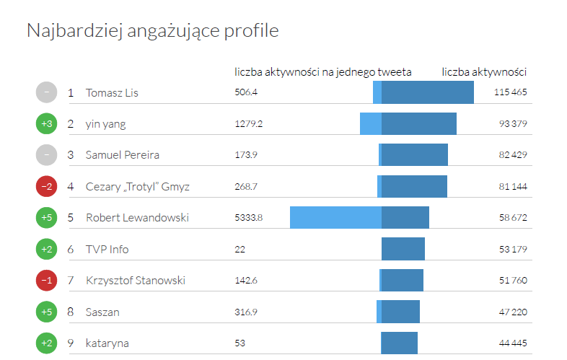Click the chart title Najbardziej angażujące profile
coord(152,30)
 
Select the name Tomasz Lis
coord(112,92)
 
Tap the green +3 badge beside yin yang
coord(46,124)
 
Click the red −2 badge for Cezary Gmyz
coord(46,186)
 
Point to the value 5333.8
coord(249,217)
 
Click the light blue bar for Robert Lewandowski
coord(335,217)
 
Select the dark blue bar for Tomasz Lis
coord(427,92)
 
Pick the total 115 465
coord(511,92)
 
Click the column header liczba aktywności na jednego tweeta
coord(323,72)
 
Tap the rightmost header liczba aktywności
coord(484,72)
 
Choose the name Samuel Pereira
coord(123,155)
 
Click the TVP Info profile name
coord(107,249)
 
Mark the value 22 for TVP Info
coord(240,249)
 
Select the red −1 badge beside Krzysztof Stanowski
coord(46,280)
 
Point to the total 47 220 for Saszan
coord(512,312)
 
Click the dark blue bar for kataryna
coord(399,343)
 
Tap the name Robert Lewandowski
coord(137,217)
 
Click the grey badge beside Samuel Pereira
coord(46,155)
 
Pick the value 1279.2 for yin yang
coord(249,124)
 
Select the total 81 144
coord(512,186)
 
